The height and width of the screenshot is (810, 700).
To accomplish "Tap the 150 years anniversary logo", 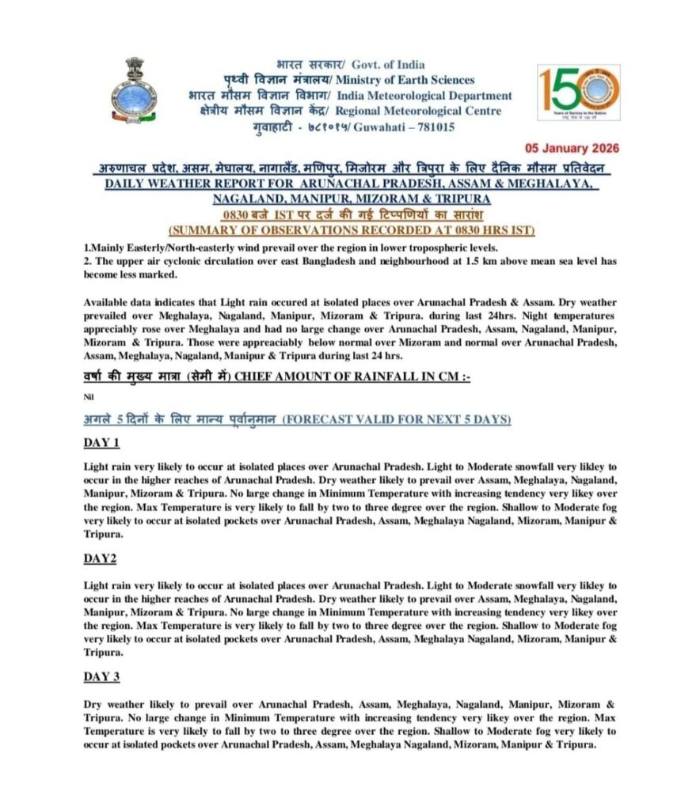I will (578, 92).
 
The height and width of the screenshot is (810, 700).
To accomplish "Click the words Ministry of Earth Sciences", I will (405, 80).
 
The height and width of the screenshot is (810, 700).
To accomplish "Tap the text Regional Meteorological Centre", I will (420, 111).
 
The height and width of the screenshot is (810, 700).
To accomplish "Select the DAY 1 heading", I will (102, 442).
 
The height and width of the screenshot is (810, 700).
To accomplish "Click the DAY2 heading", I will (101, 558).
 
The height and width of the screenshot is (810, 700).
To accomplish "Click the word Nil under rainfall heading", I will (89, 399).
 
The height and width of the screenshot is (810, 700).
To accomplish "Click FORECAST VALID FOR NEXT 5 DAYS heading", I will (397, 419).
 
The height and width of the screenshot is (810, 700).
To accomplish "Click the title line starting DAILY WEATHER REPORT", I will (349, 184).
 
